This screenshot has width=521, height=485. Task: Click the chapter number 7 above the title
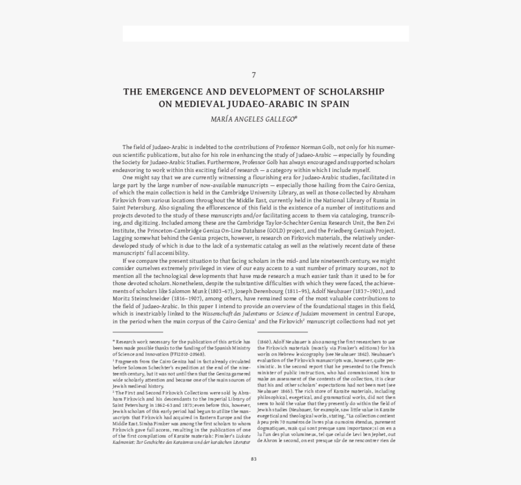pyautogui.click(x=254, y=75)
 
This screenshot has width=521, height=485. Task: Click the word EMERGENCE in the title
pyautogui.click(x=174, y=92)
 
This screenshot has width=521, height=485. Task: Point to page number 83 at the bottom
pyautogui.click(x=254, y=458)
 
